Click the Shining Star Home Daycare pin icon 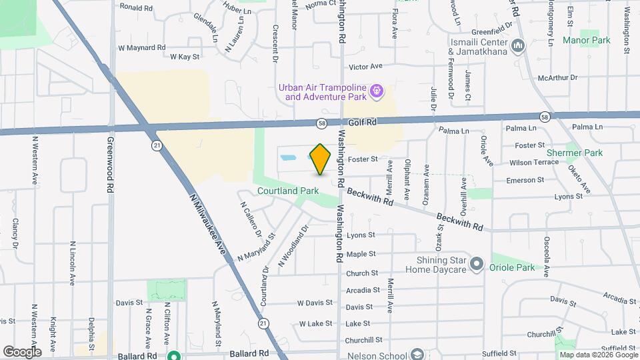point(476,265)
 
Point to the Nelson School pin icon point(417,354)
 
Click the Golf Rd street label point(363,123)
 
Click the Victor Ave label point(366,67)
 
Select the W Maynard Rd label point(141,48)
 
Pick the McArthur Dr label point(560,78)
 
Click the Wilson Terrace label point(533,163)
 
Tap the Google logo point(21,352)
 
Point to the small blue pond point(289,159)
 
